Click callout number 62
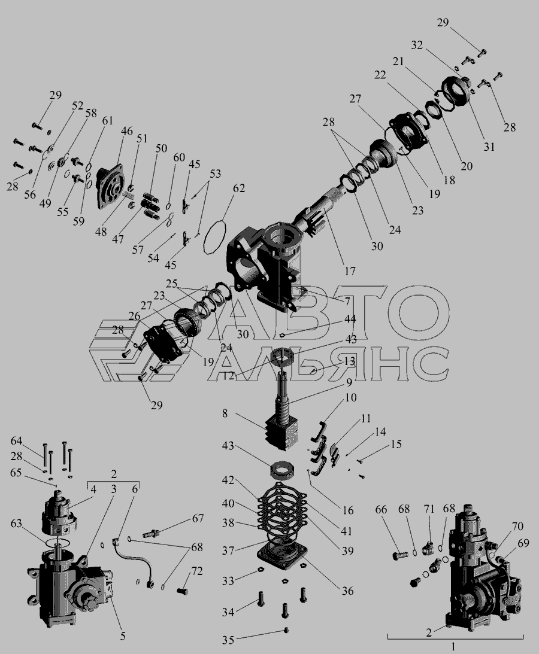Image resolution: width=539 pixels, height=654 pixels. tap(239, 188)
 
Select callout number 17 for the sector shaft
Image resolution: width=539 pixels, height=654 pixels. tap(350, 270)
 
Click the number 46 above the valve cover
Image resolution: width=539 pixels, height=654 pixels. tap(127, 131)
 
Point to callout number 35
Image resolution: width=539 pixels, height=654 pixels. tap(228, 640)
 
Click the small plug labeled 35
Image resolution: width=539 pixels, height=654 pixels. tap(286, 630)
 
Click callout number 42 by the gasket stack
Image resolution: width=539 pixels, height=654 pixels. tap(228, 481)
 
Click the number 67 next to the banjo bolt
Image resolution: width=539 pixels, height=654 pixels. tap(198, 518)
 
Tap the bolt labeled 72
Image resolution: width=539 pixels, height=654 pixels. tap(182, 591)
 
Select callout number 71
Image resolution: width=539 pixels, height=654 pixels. tap(429, 509)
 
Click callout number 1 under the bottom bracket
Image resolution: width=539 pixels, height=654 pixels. tap(453, 647)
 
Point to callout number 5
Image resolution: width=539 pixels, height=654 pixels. tap(123, 636)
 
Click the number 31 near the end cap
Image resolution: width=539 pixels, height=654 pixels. tap(489, 147)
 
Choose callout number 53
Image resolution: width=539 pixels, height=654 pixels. tap(215, 174)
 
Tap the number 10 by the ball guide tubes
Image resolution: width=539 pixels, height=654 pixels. tap(351, 397)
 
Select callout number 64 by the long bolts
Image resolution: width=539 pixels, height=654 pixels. tap(16, 441)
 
